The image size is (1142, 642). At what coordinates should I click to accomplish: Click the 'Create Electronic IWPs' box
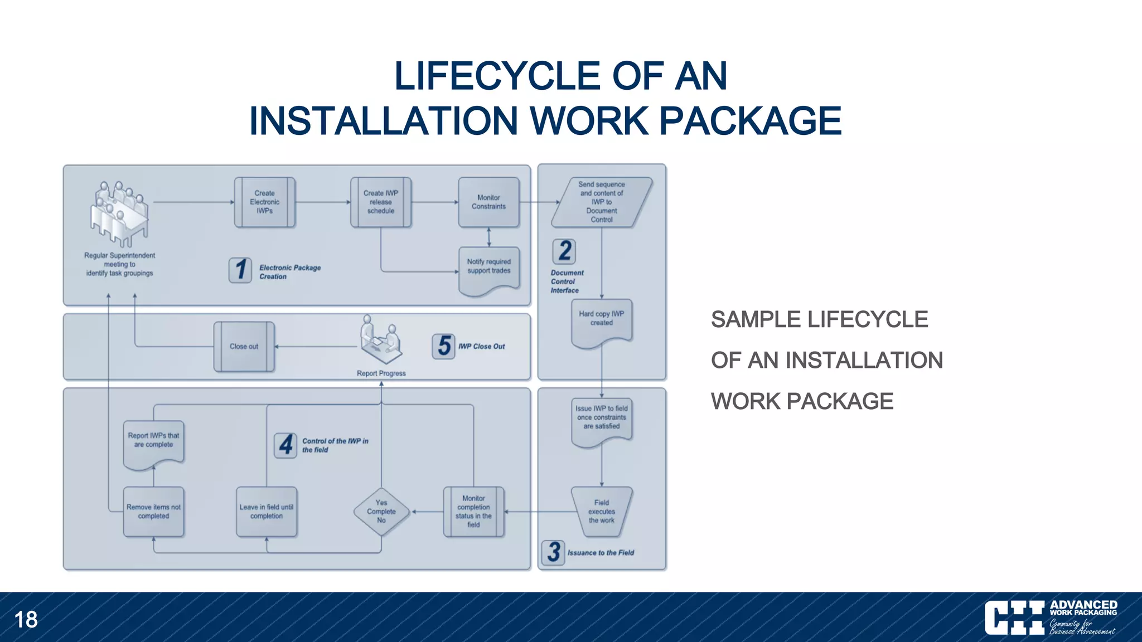265,202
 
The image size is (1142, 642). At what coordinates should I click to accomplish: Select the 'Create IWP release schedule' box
381,202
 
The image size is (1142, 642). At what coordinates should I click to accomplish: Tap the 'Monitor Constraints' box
489,202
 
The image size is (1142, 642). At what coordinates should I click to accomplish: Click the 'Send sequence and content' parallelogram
602,202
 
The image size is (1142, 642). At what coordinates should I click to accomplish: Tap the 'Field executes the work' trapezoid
602,512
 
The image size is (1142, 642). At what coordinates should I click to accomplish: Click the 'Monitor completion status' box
473,512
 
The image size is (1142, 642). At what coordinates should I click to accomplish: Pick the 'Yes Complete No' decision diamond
381,512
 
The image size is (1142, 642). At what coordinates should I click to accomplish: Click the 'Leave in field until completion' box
267,512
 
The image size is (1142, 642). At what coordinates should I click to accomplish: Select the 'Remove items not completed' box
153,512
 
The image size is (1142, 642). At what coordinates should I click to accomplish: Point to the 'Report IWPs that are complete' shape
153,445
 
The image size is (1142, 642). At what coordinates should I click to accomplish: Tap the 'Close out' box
244,347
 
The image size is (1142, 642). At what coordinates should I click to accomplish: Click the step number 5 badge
444,346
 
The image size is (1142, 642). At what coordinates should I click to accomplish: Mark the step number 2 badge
564,251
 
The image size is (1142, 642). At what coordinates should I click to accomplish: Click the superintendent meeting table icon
119,214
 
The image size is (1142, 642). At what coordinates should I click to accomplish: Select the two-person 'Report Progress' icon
381,340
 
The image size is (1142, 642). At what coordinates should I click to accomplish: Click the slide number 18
26,620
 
